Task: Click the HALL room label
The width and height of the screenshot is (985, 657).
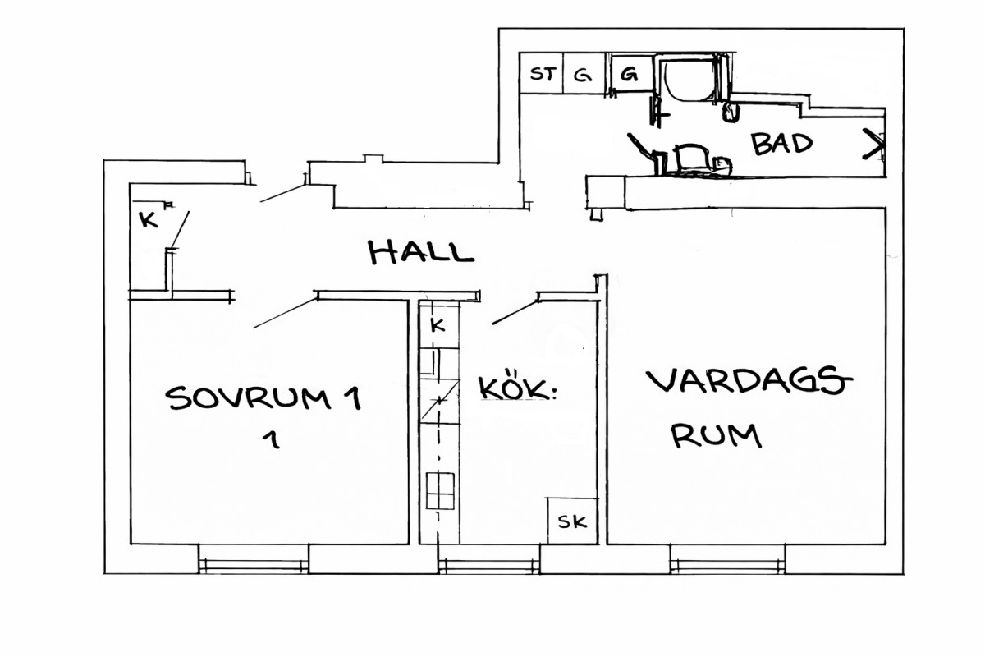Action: point(421,253)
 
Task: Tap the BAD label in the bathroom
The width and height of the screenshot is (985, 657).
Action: point(781,144)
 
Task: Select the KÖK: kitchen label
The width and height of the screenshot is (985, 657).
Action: point(517,388)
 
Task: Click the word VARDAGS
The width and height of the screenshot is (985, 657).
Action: point(749,381)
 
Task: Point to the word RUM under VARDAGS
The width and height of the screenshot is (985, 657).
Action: point(716,435)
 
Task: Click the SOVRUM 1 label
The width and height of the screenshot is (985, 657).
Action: point(263,397)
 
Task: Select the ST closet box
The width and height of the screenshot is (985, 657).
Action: point(541,73)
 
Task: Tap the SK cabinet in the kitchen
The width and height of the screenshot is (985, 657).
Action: point(572,521)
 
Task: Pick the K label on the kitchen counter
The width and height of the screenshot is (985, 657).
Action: point(438,325)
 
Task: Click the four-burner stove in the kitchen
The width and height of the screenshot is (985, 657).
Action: point(440,490)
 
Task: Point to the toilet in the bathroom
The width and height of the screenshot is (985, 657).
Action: point(694,160)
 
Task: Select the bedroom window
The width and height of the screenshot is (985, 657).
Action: point(254,559)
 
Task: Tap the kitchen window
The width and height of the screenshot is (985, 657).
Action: point(489,559)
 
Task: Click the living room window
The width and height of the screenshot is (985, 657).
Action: point(728,559)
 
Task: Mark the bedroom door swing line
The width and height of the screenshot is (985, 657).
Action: point(286,314)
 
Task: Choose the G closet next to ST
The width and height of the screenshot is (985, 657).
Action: point(584,73)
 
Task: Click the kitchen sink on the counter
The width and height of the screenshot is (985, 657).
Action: point(429,362)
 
